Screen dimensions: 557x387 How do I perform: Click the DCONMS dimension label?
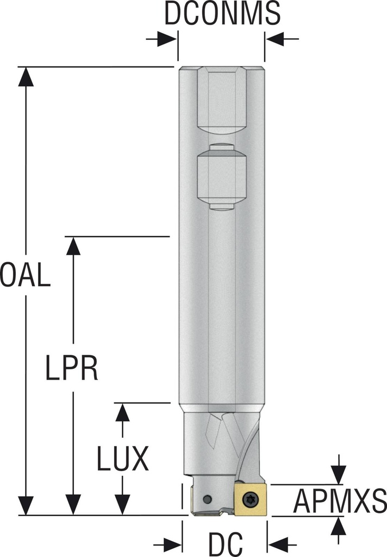222,14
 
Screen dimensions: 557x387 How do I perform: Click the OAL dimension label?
25,275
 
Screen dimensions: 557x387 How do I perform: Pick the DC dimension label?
225,543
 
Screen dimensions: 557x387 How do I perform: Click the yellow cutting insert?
251,498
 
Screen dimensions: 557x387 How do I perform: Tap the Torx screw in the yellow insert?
250,498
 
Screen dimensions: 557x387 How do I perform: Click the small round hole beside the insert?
206,499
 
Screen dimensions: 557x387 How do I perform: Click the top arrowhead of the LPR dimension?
73,246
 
